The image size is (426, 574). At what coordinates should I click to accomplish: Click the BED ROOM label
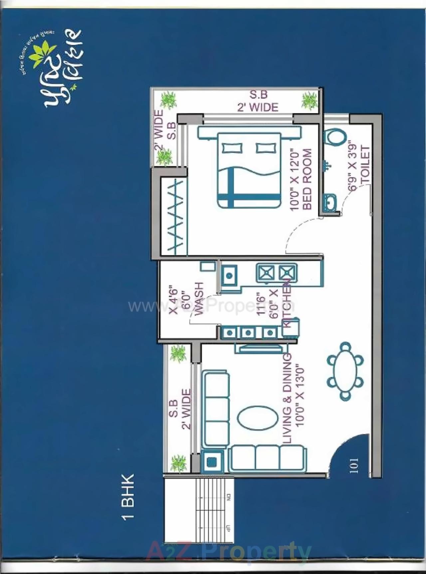pos(307,179)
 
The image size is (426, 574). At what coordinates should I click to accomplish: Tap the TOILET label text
pos(365,164)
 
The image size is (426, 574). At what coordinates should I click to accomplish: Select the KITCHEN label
pos(287,303)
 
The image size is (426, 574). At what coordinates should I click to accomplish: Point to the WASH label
pos(199,298)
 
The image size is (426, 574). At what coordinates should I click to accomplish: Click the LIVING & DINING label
pos(287,398)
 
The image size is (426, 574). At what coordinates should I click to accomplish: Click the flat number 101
pos(354,466)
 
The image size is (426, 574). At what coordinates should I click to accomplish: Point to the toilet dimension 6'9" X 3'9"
pos(352,166)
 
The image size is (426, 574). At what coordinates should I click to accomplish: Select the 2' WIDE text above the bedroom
pos(258,107)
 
